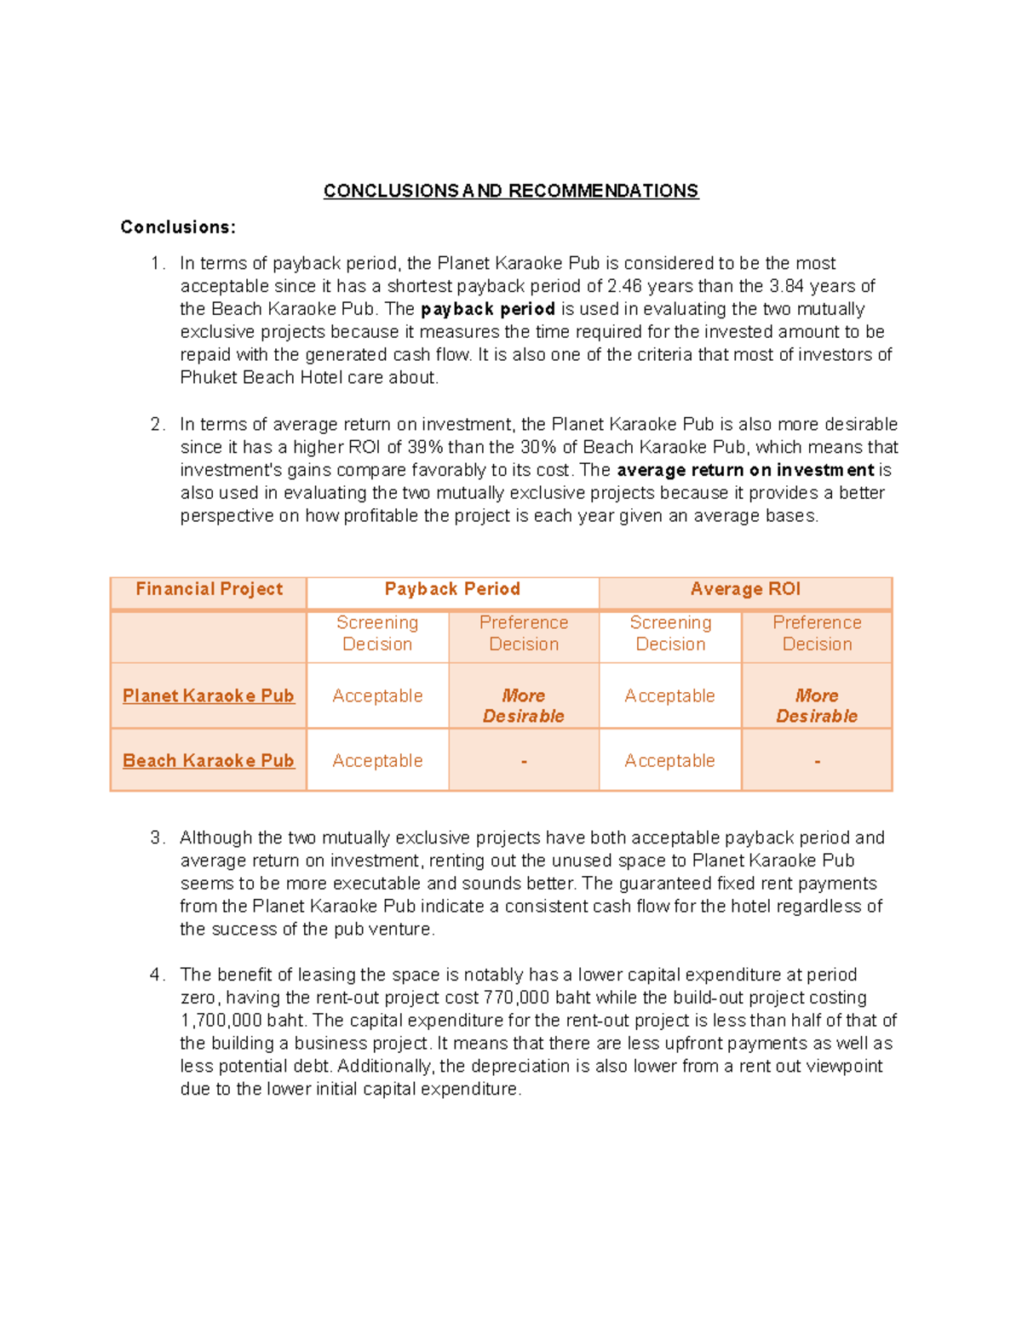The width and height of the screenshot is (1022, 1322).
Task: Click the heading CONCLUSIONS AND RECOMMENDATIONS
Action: (x=511, y=191)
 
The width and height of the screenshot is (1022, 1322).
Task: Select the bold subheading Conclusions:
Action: (x=177, y=227)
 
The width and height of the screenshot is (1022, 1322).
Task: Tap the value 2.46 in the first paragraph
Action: (x=624, y=286)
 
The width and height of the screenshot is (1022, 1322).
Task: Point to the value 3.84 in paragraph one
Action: (x=786, y=286)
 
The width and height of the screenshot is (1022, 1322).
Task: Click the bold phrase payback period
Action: (x=488, y=309)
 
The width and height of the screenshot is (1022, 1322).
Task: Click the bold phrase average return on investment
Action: (x=745, y=470)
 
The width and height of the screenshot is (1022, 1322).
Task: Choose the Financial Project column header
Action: (x=209, y=589)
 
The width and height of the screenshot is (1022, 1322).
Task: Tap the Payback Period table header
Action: (x=452, y=589)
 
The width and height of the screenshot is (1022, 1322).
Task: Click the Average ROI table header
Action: (x=745, y=589)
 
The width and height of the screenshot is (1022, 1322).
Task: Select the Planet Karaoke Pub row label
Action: (x=209, y=695)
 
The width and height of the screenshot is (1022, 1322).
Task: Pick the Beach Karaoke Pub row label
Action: (x=209, y=760)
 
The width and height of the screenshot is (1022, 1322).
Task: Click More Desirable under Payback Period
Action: (x=524, y=706)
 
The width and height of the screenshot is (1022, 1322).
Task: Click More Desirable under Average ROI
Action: (x=817, y=706)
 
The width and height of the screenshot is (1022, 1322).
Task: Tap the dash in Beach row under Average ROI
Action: (x=817, y=762)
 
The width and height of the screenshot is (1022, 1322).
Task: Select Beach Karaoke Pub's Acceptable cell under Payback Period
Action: (x=377, y=760)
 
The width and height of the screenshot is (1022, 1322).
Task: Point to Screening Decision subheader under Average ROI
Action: (x=670, y=633)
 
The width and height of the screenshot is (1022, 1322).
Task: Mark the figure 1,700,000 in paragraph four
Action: (x=221, y=1021)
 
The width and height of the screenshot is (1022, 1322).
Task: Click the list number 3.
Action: (x=157, y=838)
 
